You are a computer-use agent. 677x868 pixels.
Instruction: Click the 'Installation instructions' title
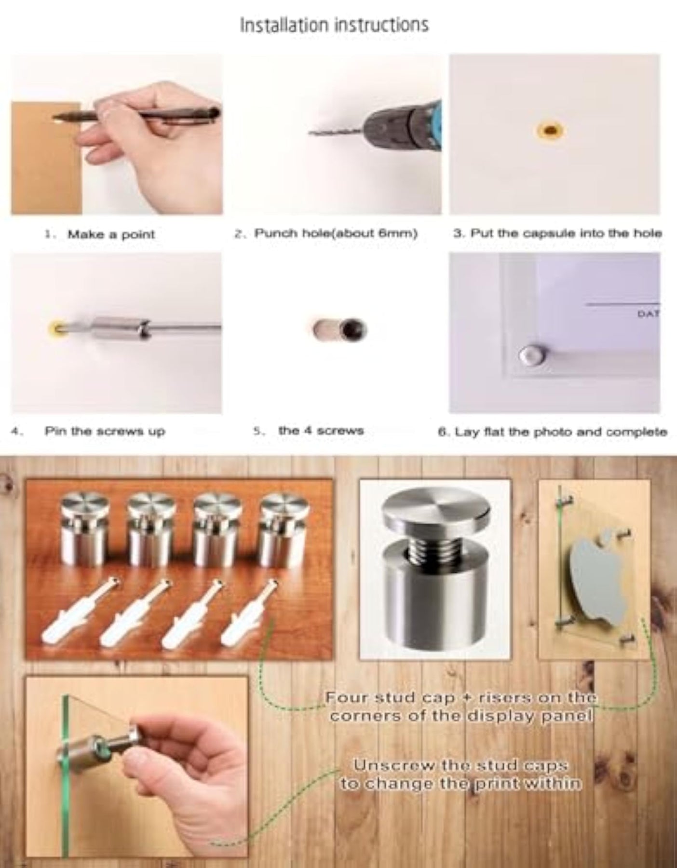coord(335,25)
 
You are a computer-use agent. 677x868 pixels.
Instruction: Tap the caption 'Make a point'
coord(111,235)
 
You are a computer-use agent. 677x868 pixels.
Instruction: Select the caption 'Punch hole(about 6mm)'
coord(336,233)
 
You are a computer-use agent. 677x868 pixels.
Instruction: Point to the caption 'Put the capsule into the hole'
coord(566,233)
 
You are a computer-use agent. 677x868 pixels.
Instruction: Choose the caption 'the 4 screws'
coord(321,430)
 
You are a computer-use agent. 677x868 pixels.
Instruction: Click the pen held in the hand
coord(137,116)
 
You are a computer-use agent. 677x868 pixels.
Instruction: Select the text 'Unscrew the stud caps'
coord(460,765)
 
